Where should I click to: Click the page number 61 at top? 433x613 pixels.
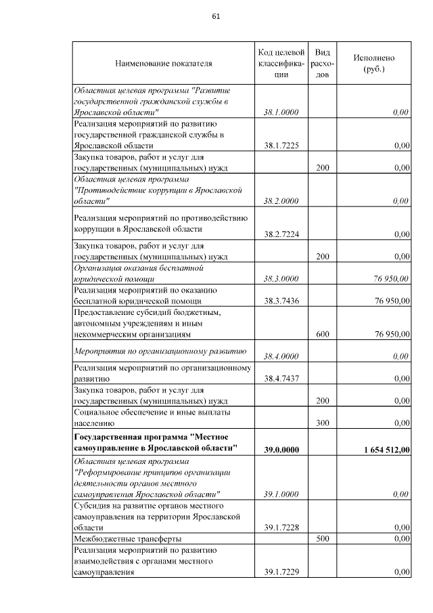216,16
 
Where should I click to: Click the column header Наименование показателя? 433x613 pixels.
164,64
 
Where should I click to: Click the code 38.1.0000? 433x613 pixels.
281,112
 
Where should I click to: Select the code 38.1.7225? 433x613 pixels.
281,146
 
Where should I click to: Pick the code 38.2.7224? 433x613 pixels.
281,234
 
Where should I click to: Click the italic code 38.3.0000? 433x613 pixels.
281,278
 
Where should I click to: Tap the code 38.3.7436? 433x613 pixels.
281,301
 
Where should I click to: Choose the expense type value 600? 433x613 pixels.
323,334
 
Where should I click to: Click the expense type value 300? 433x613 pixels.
323,423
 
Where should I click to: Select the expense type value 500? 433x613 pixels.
323,538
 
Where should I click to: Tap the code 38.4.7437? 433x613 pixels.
281,379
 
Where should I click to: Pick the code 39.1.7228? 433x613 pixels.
281,527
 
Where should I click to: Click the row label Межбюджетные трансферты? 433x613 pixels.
127,538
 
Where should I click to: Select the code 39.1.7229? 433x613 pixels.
281,572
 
